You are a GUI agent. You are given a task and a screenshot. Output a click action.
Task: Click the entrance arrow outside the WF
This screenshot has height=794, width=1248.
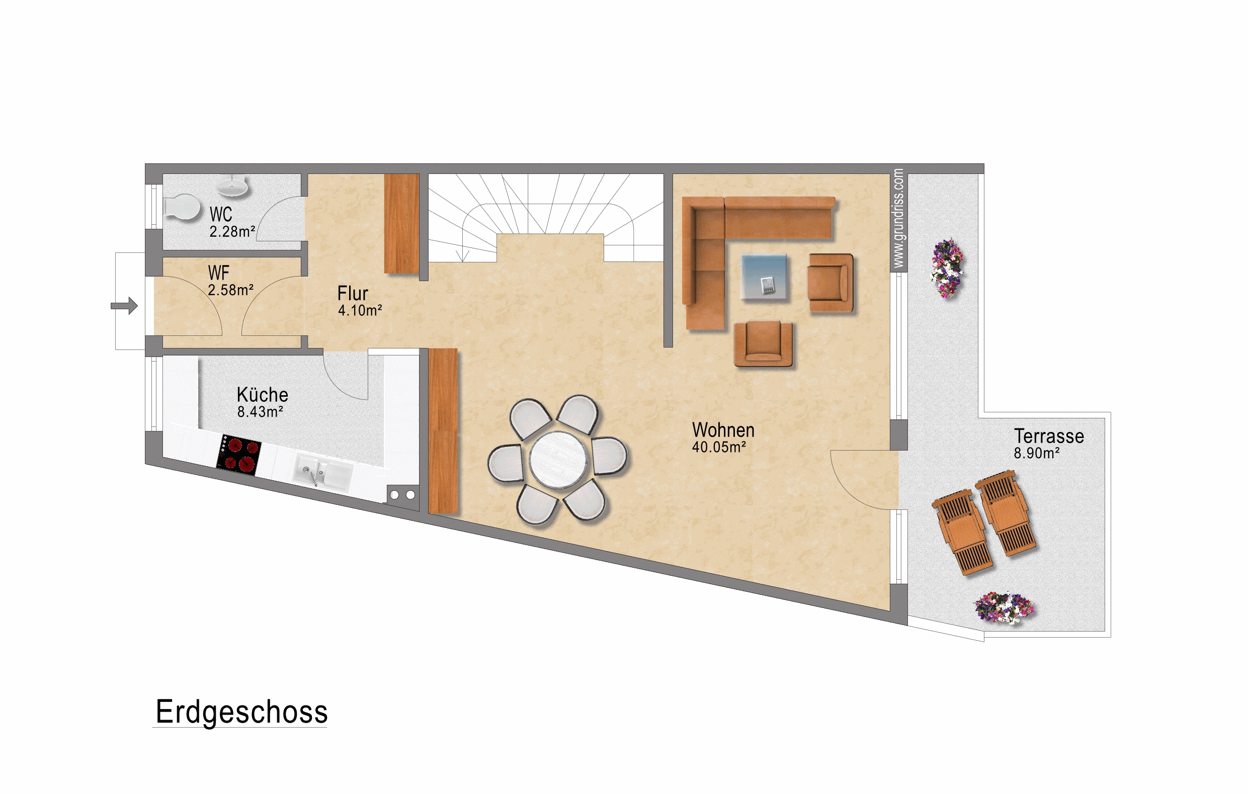124,306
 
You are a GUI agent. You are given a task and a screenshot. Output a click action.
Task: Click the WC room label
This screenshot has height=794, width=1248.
221,214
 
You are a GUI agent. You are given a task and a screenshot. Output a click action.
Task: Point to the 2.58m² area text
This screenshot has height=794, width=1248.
230,290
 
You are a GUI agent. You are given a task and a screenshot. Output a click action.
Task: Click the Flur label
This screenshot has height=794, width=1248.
353,294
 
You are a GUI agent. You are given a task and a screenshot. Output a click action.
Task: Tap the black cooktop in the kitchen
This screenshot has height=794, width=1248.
239,455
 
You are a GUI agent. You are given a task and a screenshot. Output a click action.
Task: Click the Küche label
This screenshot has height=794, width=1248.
262,395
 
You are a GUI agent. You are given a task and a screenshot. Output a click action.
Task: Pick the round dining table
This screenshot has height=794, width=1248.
559,460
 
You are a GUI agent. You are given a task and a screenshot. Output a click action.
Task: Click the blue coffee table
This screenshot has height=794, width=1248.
764,277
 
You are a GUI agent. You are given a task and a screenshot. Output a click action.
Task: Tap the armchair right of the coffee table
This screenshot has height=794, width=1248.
831,283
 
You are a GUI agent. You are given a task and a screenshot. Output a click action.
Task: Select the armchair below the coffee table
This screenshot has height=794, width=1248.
764,344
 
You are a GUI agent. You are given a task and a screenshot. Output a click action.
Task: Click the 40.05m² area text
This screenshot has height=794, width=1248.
719,447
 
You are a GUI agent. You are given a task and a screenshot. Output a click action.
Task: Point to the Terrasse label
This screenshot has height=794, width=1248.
1049,436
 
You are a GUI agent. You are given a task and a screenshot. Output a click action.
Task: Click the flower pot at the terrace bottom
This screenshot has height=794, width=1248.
1004,608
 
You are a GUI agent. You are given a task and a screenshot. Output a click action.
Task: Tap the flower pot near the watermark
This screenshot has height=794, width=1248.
947,268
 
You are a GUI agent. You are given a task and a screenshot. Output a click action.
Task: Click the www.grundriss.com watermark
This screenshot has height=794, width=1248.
899,218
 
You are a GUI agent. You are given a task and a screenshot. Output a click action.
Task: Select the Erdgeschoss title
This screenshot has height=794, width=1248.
241,712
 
